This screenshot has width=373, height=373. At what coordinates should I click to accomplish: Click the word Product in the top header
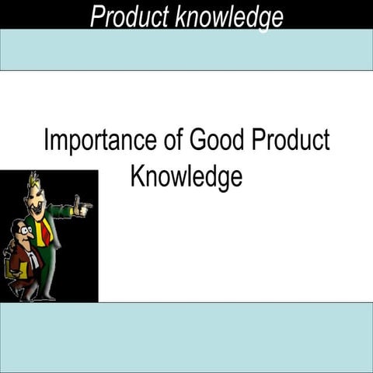tap(127, 15)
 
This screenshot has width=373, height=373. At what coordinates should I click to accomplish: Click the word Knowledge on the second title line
tap(186, 176)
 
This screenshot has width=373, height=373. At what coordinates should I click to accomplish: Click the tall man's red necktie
tap(46, 230)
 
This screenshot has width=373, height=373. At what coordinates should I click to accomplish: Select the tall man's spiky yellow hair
tap(33, 183)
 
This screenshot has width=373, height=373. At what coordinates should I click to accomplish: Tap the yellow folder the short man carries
tap(10, 268)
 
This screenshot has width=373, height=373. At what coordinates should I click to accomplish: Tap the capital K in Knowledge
tap(137, 176)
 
